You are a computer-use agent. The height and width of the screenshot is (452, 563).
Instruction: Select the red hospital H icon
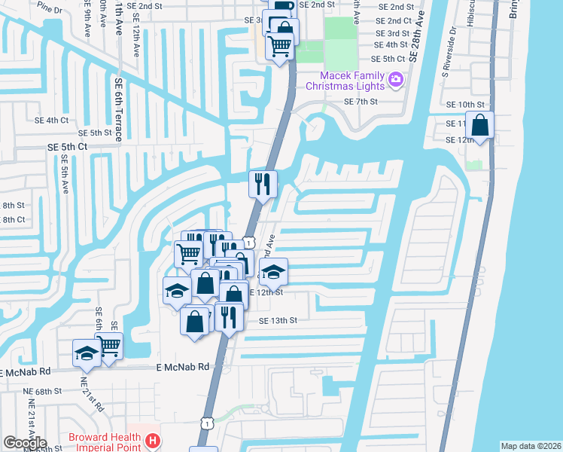coord(153,439)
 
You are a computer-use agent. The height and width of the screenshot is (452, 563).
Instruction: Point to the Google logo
coord(24,443)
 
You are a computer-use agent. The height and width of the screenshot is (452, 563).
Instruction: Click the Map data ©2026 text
coord(531,446)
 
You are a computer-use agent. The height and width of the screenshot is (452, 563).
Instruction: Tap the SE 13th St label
coord(278,320)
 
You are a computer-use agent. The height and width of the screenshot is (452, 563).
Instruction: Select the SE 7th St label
coord(359,102)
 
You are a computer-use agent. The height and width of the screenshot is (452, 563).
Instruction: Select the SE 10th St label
coord(461,104)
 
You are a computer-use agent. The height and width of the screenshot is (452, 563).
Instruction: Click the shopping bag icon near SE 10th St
coord(479,125)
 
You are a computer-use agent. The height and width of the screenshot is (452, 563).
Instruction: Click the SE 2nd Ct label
coord(394,20)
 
